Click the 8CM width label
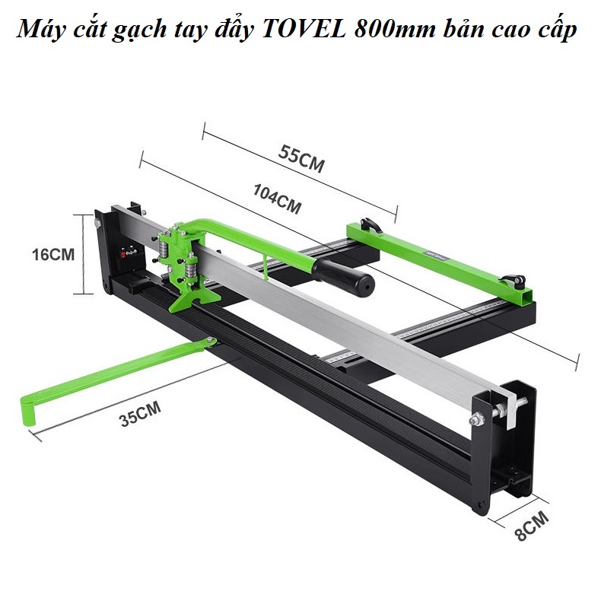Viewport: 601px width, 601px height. (x=532, y=525)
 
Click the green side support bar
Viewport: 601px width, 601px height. (x=441, y=259)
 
